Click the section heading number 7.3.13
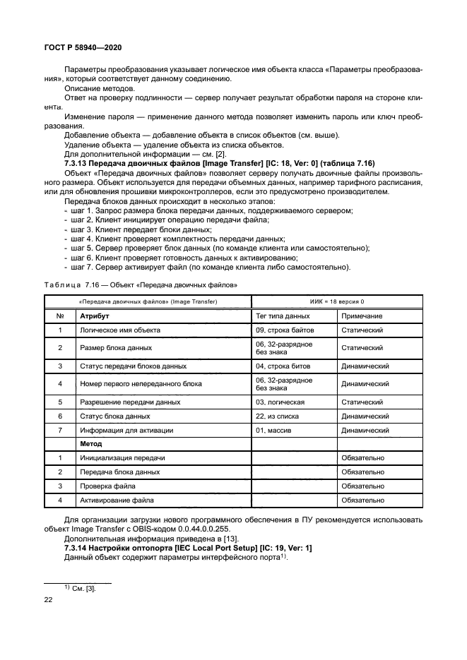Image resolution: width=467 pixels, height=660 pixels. (78, 163)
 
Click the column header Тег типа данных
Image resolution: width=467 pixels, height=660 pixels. (282, 316)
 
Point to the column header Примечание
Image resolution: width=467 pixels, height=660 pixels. (362, 316)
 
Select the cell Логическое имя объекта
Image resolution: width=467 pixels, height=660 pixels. (118, 330)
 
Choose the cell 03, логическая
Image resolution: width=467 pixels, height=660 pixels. (280, 402)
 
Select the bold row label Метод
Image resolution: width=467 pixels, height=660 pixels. (91, 444)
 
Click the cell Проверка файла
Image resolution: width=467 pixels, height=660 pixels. (106, 486)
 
